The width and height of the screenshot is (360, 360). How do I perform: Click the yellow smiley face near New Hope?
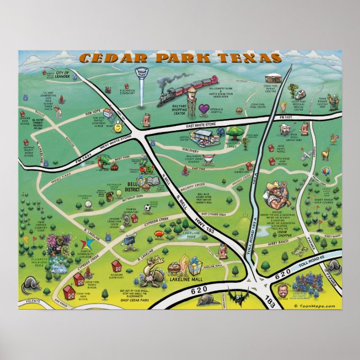click(x=119, y=127)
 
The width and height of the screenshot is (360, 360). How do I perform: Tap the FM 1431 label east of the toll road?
click(x=287, y=118)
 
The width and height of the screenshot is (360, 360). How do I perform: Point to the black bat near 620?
click(x=234, y=293)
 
